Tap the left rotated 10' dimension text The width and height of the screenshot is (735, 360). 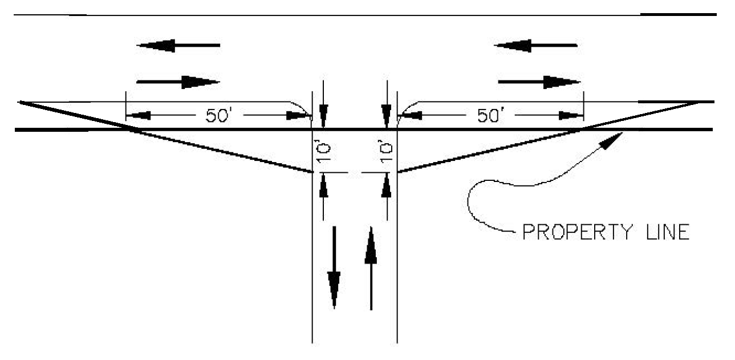click(x=323, y=152)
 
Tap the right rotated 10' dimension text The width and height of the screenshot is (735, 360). click(x=386, y=151)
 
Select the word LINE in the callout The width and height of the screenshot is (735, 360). click(x=668, y=232)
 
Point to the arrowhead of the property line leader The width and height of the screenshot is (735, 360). click(x=613, y=140)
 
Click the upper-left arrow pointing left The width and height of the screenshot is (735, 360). click(x=178, y=45)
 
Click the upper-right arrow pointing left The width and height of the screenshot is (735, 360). click(x=535, y=45)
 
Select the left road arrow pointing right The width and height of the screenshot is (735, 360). click(x=178, y=82)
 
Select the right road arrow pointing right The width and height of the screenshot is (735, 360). click(x=539, y=82)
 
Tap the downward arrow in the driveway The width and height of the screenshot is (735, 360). click(x=334, y=268)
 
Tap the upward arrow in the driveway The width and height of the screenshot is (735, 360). click(x=371, y=268)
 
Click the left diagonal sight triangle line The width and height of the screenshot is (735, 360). click(x=166, y=137)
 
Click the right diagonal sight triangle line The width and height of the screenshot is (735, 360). click(x=548, y=137)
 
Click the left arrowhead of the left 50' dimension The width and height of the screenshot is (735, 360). click(x=138, y=115)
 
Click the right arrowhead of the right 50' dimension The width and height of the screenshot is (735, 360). click(x=571, y=115)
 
